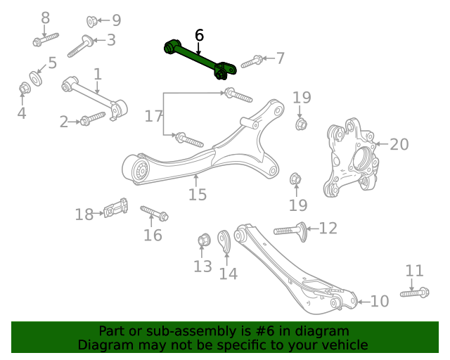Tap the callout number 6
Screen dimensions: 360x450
[x=199, y=34]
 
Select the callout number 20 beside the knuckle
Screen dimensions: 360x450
[x=399, y=144]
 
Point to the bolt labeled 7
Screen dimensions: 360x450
[x=252, y=62]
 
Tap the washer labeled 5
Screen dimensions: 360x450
[x=34, y=76]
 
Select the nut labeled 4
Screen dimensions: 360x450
[x=22, y=89]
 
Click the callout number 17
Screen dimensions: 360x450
[x=154, y=116]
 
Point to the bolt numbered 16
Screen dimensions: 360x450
[x=154, y=212]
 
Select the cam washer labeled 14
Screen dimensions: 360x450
[x=226, y=241]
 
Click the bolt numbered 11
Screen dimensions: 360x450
[x=415, y=292]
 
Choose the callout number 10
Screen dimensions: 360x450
[x=379, y=301]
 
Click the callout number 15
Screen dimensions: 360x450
[x=198, y=194]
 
